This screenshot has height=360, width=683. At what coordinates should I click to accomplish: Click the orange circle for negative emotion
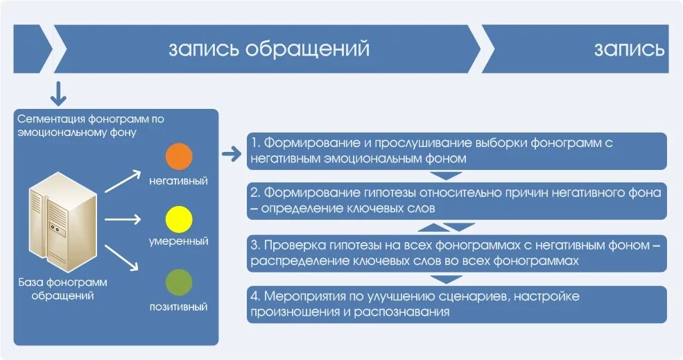pos(179,156)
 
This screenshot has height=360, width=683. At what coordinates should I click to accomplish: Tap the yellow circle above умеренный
pos(179,219)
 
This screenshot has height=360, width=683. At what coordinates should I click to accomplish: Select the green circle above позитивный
pos(179,283)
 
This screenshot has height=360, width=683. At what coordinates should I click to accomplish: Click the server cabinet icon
pos(63,221)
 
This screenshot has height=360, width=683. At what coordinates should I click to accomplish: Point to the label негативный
pos(179,181)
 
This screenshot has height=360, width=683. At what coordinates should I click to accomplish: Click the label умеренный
pos(179,242)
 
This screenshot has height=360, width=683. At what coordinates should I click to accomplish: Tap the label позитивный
pos(179,306)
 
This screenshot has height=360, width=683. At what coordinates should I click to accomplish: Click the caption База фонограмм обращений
pos(62,289)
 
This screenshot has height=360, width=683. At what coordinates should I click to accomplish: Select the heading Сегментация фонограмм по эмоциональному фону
pos(91,125)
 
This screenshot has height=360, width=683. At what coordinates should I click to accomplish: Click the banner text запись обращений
pos(268,49)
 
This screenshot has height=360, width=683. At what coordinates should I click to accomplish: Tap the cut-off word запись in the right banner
pos(629,49)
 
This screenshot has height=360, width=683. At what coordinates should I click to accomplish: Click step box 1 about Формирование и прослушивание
pos(457,151)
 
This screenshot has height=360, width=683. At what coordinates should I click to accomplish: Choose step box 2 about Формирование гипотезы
pos(457,200)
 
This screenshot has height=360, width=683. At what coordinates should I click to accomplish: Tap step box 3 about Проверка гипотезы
pos(457,253)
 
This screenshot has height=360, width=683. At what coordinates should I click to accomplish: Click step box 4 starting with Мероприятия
pos(457,304)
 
